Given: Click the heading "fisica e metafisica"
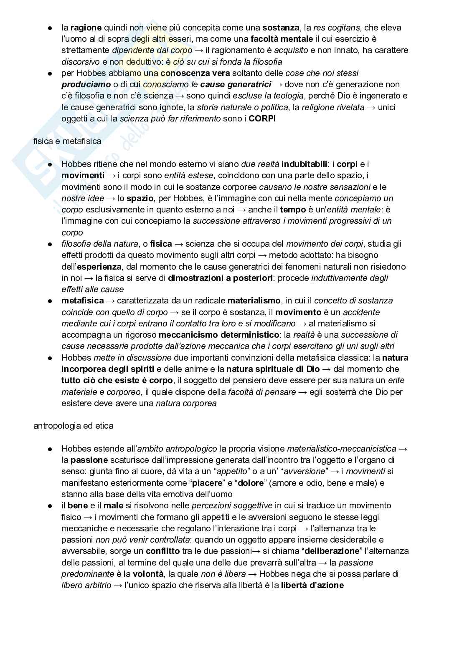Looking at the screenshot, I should (67, 141).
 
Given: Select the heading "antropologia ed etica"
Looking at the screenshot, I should (73, 426).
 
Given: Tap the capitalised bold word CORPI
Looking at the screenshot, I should (262, 119).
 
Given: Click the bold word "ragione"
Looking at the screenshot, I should (86, 28).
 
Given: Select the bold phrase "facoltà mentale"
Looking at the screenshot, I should (282, 39).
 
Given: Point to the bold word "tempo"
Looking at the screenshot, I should (293, 210).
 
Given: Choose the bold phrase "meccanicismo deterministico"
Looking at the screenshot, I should (219, 335).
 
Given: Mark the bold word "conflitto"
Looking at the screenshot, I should (163, 551).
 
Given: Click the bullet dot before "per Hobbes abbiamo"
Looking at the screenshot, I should (50, 73).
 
